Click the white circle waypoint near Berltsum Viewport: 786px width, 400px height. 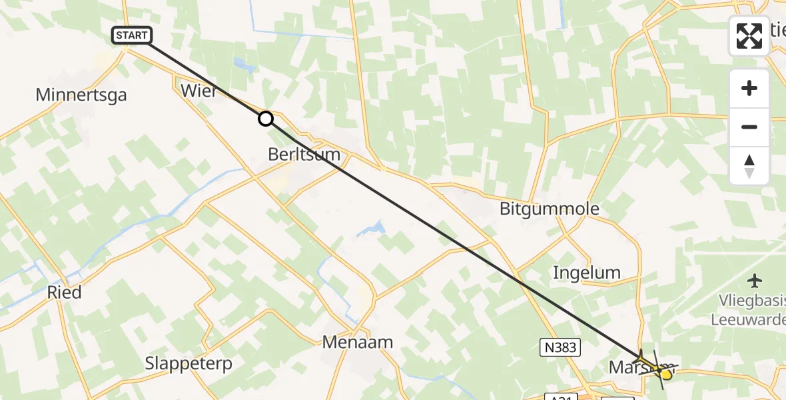point(266,119)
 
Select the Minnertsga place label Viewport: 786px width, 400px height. point(81,95)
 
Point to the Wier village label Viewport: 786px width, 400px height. point(198,91)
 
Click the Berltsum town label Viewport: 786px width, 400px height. point(304,155)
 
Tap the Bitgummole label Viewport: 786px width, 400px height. point(550,209)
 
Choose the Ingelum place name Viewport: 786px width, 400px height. point(587,272)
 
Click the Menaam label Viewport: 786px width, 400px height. point(357,342)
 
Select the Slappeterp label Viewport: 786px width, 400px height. point(189,363)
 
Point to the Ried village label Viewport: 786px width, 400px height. point(65,292)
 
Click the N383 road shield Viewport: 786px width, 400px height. point(558,347)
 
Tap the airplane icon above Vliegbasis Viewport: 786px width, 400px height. point(755,281)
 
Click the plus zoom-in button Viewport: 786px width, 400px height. point(749,89)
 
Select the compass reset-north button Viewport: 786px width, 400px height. point(749,166)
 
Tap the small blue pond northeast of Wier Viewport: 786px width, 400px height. point(243,65)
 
